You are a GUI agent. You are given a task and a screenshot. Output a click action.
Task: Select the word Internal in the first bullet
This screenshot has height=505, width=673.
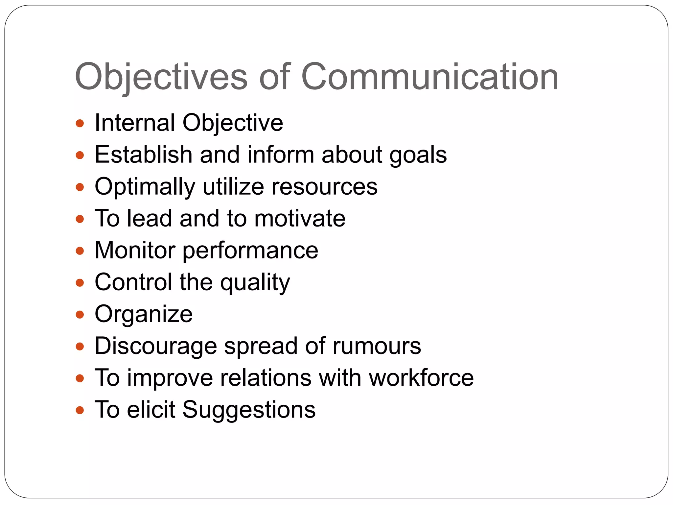pos(135,123)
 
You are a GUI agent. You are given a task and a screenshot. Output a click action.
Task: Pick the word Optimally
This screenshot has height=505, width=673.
pos(145,187)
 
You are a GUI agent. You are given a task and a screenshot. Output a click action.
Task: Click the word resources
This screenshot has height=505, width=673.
pos(324,187)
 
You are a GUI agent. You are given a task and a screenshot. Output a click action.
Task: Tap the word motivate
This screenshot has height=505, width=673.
pos(300,218)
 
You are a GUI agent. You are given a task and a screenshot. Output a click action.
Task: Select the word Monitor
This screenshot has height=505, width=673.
pos(135,251)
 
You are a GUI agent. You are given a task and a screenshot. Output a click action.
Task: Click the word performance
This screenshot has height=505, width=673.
pos(250,251)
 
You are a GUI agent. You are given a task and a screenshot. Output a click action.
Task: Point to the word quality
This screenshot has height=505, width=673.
pos(255,282)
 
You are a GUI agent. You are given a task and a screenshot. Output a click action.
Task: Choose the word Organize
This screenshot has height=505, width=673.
pos(144,314)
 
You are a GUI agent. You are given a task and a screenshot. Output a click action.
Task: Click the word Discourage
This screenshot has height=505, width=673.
pos(156,346)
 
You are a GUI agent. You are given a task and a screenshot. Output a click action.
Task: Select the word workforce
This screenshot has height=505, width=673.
pos(421,378)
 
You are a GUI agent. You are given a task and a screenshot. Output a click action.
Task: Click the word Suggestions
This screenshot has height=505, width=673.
pos(249,410)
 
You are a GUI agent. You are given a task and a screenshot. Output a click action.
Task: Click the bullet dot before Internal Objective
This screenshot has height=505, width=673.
pos(80,124)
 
